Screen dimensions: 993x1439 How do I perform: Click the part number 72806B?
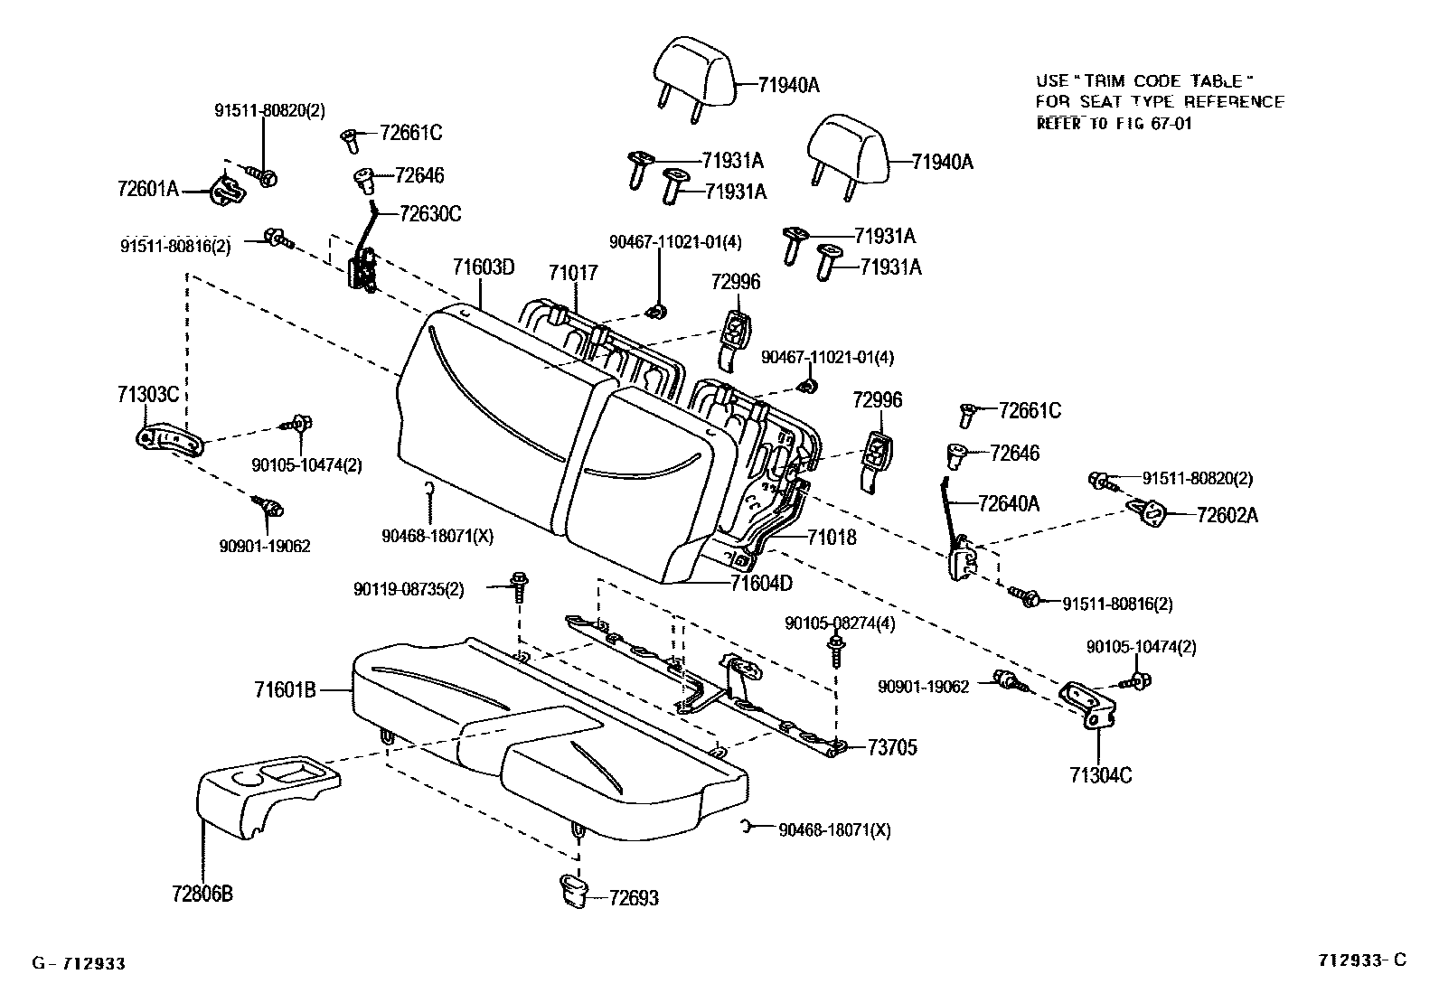[202, 894]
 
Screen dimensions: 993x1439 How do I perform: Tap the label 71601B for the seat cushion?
[285, 691]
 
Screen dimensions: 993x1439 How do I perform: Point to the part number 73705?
[892, 747]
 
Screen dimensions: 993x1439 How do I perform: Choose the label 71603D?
[484, 267]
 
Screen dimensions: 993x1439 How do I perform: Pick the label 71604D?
[761, 583]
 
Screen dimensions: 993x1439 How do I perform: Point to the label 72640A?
[1008, 503]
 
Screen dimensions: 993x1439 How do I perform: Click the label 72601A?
[148, 190]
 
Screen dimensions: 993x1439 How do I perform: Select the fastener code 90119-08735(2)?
[409, 589]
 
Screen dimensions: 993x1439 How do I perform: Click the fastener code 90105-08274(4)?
[840, 623]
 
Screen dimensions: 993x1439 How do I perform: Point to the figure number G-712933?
[79, 964]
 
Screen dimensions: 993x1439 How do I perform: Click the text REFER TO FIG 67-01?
[1114, 124]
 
